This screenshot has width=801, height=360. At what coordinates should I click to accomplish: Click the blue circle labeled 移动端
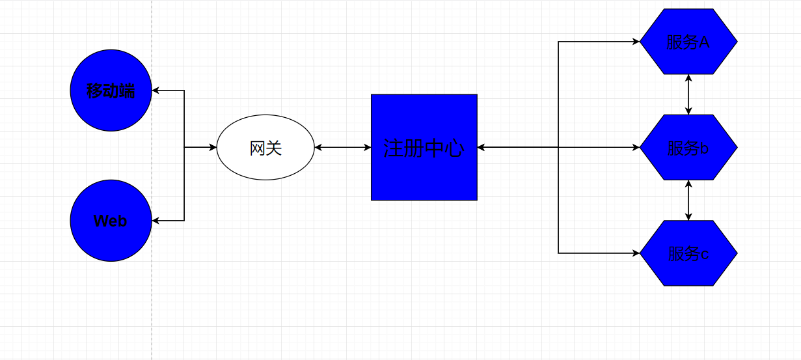coord(111,90)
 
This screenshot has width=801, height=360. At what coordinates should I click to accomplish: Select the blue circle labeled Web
coord(111,221)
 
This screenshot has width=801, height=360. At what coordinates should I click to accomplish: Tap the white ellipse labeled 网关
coord(265,148)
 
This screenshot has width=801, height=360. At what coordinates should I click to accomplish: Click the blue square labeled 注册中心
coord(424,147)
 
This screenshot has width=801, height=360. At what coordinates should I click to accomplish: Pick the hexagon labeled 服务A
coord(688,42)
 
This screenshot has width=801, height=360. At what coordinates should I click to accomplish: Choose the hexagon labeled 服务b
coord(688,148)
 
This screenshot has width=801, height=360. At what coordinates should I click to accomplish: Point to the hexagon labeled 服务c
coord(688,253)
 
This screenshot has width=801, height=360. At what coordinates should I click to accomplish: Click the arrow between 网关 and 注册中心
coord(343,148)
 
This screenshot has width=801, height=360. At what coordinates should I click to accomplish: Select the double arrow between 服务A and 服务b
coord(688,94)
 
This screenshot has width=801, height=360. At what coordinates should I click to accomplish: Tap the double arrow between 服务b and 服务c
coord(688,201)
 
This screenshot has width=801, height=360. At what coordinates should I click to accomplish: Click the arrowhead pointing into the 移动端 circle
coord(156,90)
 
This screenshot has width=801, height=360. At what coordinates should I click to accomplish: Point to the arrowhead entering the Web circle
coord(156,221)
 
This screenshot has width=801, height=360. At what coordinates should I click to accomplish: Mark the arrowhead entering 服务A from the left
coord(636,42)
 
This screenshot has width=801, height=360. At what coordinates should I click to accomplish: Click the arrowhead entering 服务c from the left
coord(636,253)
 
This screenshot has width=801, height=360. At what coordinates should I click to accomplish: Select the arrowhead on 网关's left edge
coord(213,148)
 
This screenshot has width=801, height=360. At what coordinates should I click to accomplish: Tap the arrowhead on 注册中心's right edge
coord(482,148)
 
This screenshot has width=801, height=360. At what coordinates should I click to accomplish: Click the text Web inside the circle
coord(111,221)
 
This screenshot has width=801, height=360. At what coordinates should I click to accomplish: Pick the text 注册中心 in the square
coord(424,148)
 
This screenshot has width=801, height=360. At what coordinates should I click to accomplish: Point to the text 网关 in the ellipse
coord(265,148)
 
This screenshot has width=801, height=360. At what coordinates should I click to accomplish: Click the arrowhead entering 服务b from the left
coord(636,148)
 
